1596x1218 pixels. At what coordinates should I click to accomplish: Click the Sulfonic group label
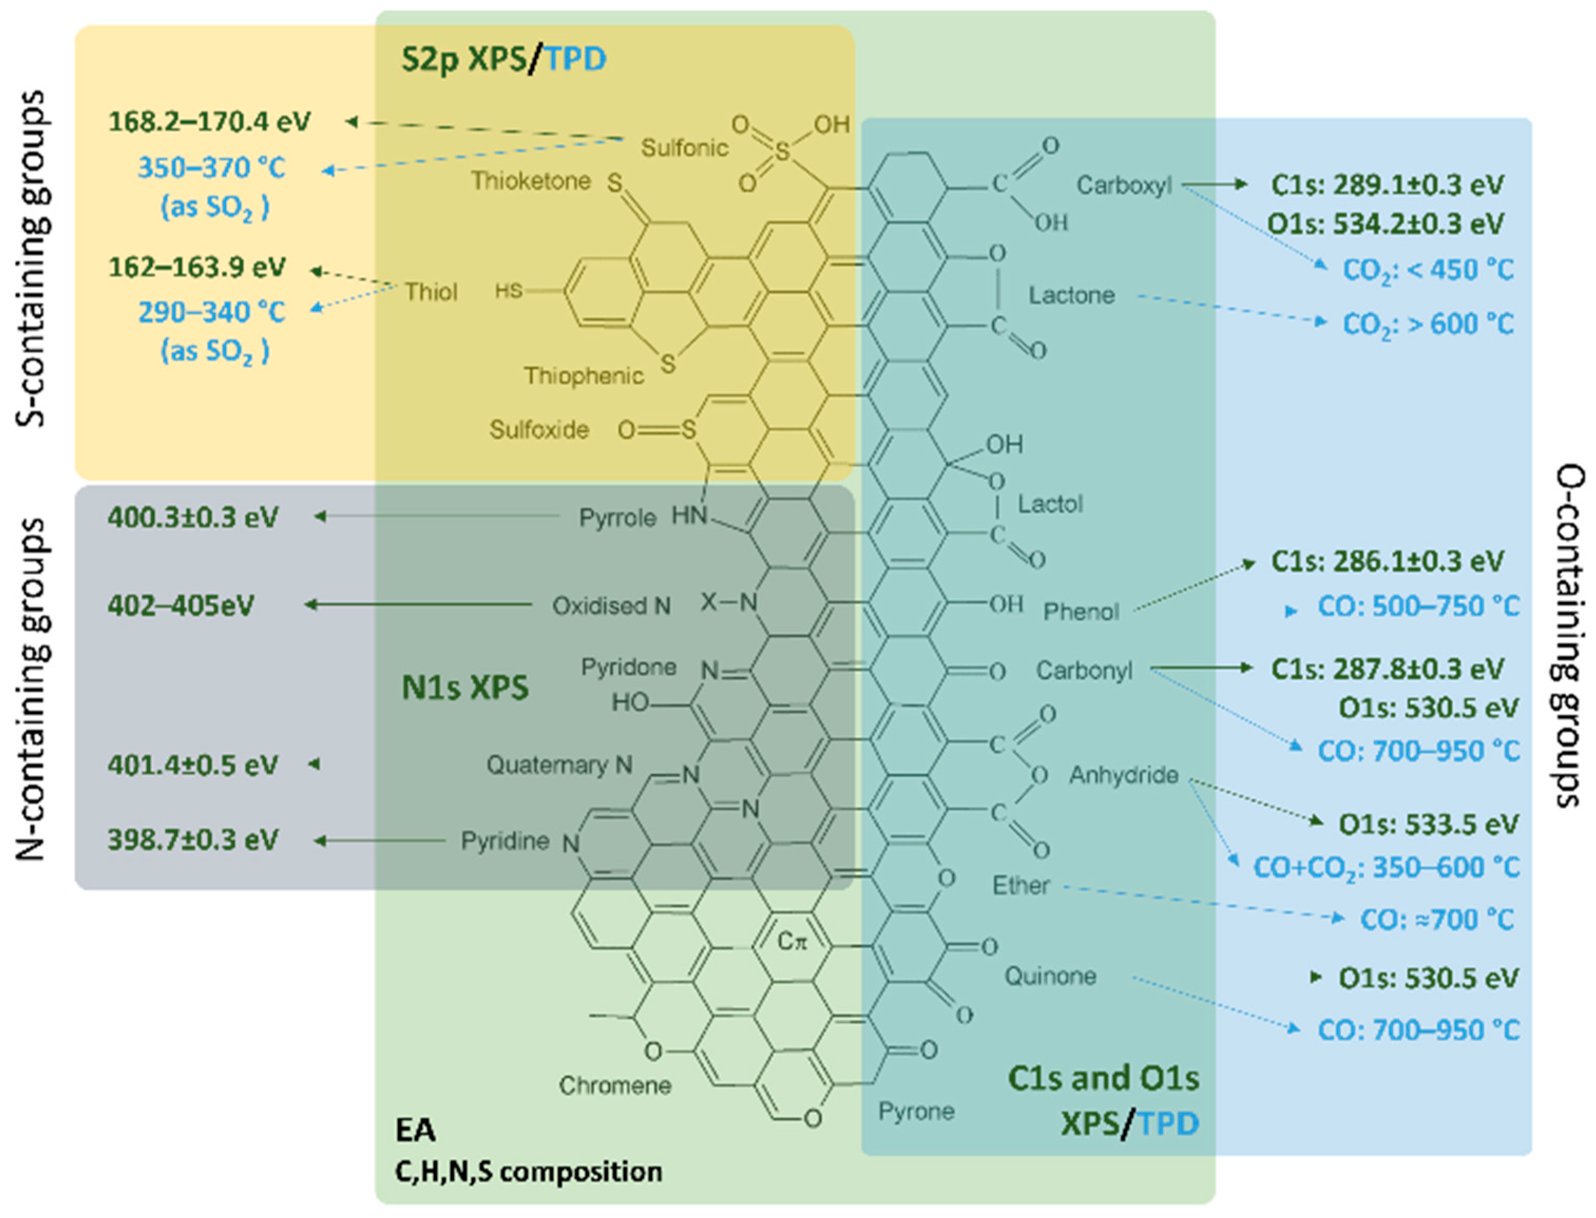pos(684,148)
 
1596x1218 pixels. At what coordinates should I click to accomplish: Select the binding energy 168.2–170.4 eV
pos(209,121)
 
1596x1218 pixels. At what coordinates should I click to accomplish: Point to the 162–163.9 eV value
pos(197,267)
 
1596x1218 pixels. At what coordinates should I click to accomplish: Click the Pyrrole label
pos(617,518)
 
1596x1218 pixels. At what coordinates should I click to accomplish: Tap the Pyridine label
pos(505,841)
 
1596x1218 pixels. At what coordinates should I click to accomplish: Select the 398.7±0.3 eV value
pos(193,839)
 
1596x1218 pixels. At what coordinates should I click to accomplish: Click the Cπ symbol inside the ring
pos(791,941)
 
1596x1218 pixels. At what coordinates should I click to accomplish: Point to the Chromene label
pos(615,1085)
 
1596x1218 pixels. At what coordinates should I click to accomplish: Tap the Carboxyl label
pos(1124,185)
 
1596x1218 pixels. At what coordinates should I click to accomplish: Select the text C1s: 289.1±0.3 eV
pos(1387,185)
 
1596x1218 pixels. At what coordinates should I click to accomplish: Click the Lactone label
pos(1071,295)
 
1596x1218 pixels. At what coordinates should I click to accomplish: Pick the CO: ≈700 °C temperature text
pos(1437,920)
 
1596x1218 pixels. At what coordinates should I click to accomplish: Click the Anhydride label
pos(1123,775)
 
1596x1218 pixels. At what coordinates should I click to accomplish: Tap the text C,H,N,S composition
pos(528,1172)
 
